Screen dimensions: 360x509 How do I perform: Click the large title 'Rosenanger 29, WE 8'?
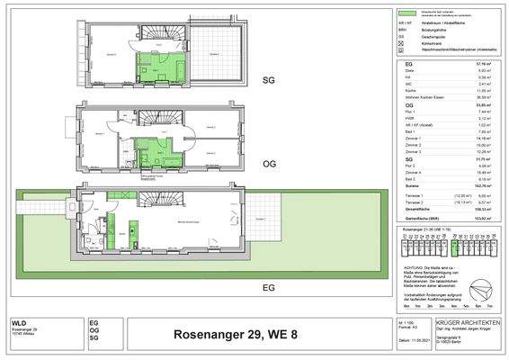(x=247, y=337)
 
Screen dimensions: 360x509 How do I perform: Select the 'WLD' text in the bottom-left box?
(x=19, y=321)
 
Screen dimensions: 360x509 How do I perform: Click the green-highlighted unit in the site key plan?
(x=456, y=245)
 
